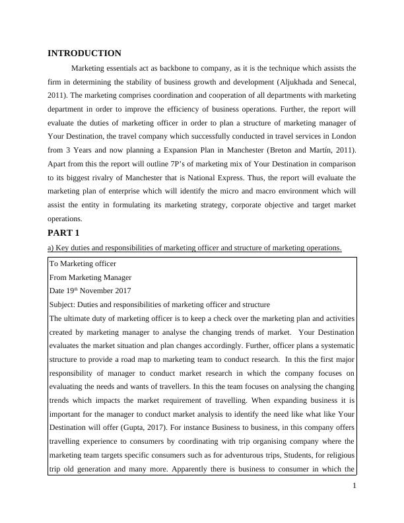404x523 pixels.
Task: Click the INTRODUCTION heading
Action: coord(84,53)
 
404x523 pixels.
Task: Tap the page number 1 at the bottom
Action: coord(354,486)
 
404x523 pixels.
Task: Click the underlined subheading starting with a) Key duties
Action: coord(195,248)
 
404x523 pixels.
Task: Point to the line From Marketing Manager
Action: coord(90,277)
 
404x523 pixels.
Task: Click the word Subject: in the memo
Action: coord(64,304)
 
